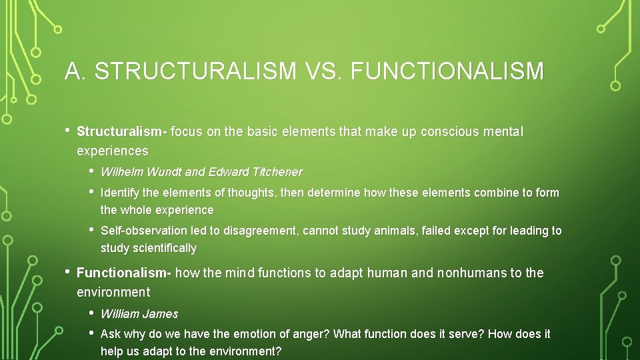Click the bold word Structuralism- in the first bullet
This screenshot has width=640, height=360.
[122, 132]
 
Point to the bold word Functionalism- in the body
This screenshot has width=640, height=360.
[125, 273]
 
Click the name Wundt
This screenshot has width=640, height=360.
[164, 172]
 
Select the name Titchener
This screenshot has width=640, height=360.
[277, 172]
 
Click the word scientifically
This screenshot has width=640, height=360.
[165, 248]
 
